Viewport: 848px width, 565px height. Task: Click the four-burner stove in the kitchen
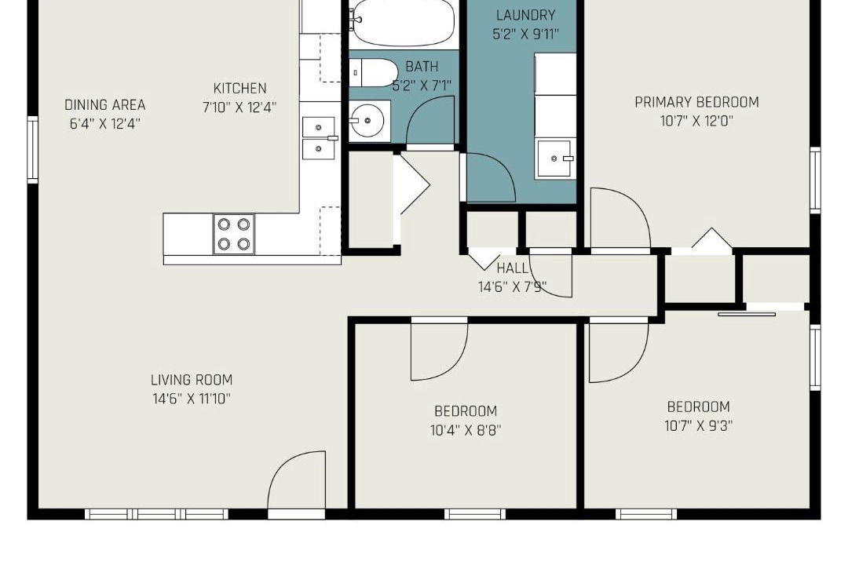tap(234, 234)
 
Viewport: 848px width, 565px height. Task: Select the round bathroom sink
tap(369, 121)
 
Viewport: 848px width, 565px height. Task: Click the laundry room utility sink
tap(555, 159)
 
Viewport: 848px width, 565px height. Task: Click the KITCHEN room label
tap(239, 88)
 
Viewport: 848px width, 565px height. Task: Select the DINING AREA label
tap(105, 105)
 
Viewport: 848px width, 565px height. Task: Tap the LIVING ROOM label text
tap(192, 380)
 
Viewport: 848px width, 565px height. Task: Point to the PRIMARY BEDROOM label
tap(696, 102)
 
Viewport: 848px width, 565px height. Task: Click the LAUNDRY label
tap(525, 15)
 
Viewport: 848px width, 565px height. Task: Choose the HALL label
tap(512, 268)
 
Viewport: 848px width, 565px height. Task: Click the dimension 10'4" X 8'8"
tap(466, 430)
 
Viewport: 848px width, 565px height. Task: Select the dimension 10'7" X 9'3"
tap(699, 426)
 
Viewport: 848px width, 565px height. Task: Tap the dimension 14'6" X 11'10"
tap(192, 399)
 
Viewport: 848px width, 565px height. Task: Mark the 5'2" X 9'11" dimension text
tap(525, 34)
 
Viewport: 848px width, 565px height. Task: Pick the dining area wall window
tap(32, 149)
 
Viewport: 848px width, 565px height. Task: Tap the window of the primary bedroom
tap(815, 180)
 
